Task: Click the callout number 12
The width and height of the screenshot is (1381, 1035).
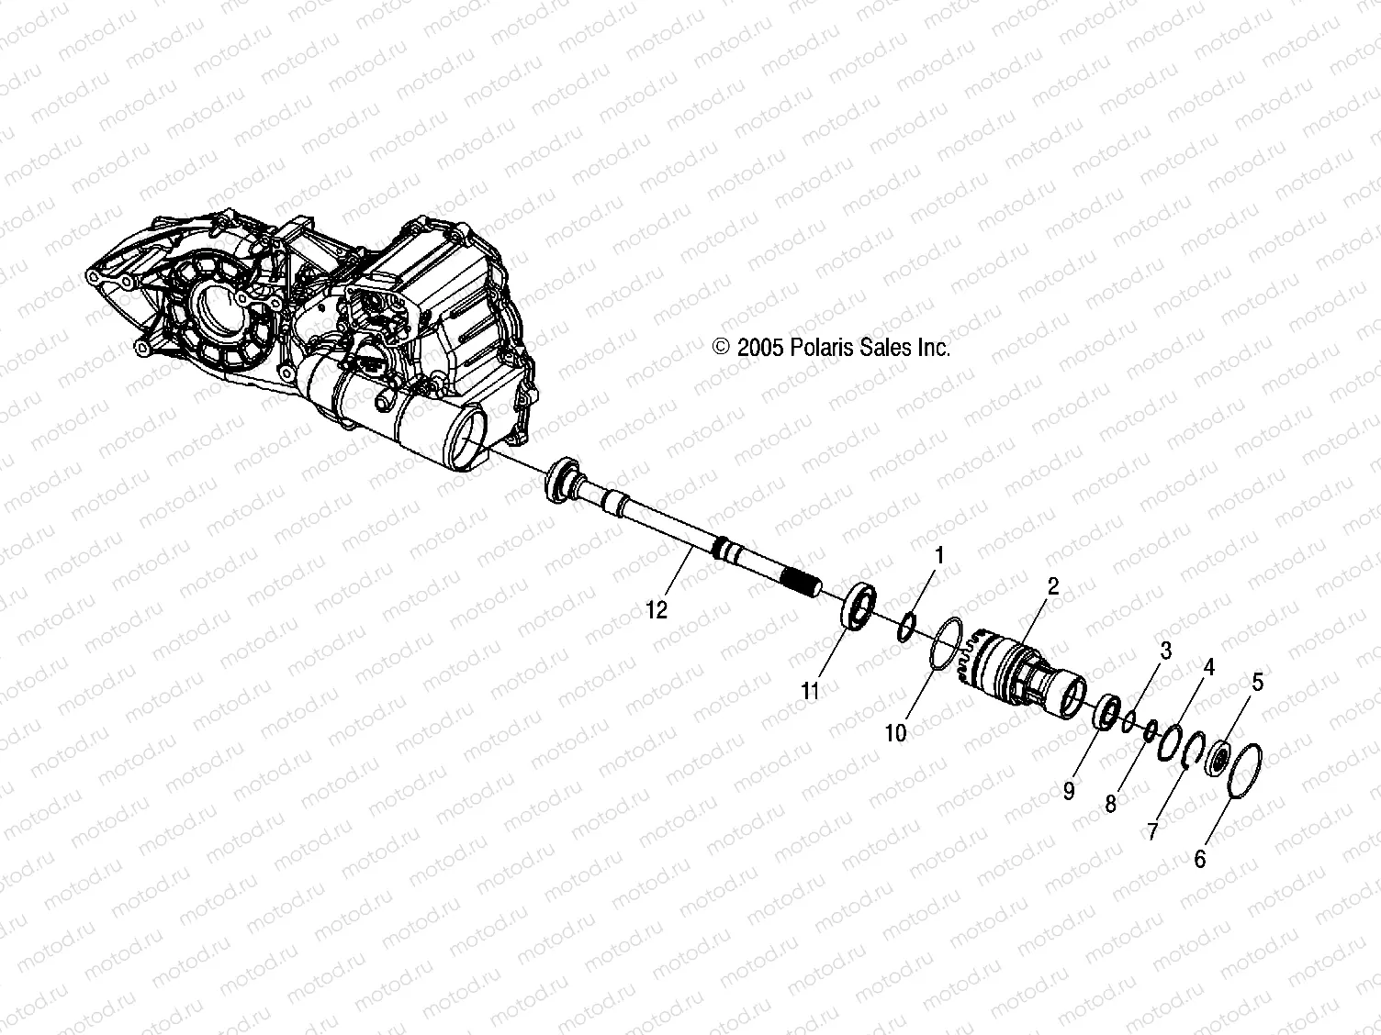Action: click(x=657, y=609)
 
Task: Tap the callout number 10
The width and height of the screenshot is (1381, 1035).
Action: click(x=895, y=732)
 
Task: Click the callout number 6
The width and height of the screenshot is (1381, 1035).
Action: click(x=1200, y=859)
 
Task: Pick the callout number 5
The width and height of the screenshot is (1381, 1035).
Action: click(x=1257, y=682)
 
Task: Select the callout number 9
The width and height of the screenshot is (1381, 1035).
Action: click(x=1069, y=790)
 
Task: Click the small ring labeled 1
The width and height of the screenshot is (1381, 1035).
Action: click(x=904, y=626)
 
